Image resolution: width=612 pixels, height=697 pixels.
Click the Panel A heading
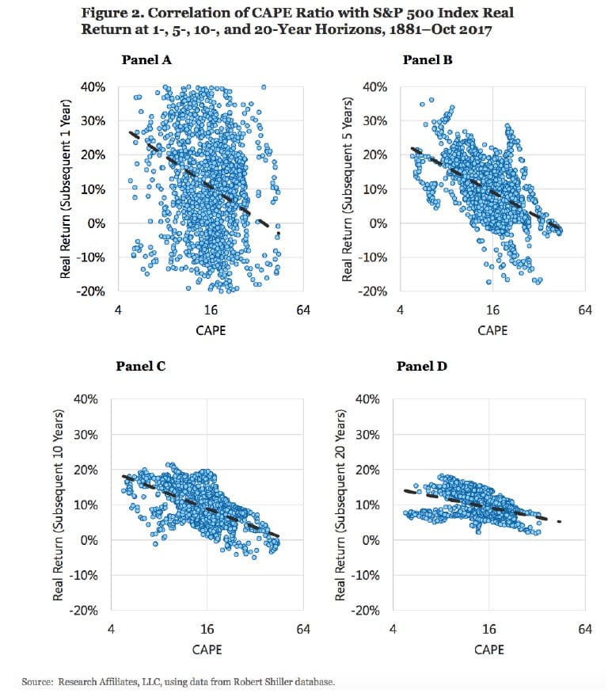pos(146,59)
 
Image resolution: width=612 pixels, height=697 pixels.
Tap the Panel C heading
pos(140,366)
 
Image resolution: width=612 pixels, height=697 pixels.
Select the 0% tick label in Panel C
pos(86,539)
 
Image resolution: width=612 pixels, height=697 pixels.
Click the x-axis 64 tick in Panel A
pos(303,311)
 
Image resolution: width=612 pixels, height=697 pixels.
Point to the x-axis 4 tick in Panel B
pos(401,311)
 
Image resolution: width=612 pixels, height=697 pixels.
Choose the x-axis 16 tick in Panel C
pos(207,630)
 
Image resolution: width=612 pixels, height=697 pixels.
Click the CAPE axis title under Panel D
pos(488,649)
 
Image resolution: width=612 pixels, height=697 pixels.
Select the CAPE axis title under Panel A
pos(211,330)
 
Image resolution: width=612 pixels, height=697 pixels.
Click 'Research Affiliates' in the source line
pos(84,681)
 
